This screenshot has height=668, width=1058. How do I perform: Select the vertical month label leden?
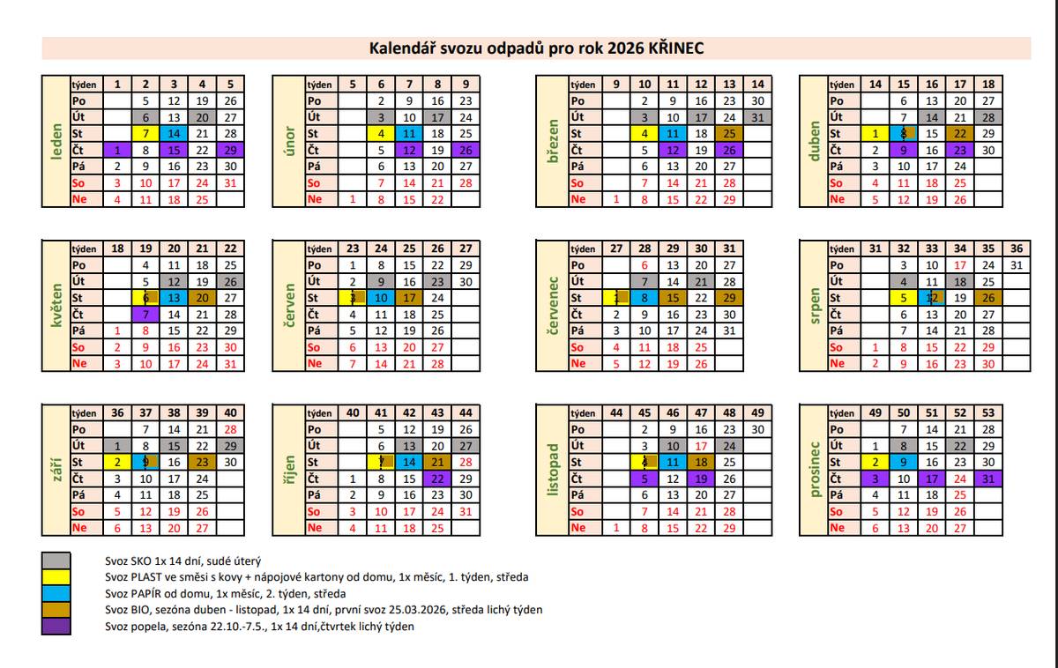coord(56,141)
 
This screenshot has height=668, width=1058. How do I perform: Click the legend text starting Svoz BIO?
coord(323,610)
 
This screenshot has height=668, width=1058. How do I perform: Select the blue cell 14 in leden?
coord(174,134)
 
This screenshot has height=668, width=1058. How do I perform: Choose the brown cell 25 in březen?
coord(729,134)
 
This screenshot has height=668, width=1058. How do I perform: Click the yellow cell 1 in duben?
coord(875,134)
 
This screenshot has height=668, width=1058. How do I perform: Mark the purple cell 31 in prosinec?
coord(988,479)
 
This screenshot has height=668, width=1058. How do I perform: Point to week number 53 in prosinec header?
coord(988,412)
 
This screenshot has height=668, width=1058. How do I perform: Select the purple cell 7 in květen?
coord(145,315)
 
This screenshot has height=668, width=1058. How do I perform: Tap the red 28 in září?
coord(230,429)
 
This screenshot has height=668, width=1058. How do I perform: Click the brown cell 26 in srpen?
coord(988,298)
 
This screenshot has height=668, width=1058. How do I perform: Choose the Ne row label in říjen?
coord(315,528)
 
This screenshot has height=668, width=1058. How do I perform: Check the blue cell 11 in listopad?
coord(673,462)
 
